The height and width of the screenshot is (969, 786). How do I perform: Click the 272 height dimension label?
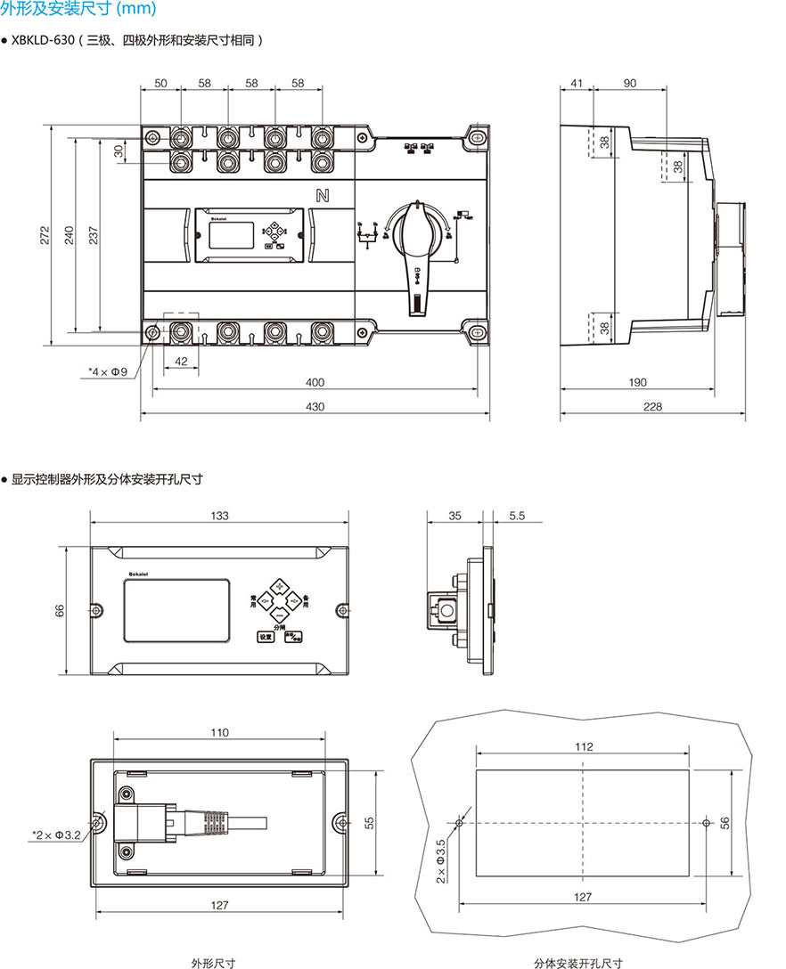click(x=45, y=234)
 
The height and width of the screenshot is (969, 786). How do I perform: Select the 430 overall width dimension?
click(x=315, y=406)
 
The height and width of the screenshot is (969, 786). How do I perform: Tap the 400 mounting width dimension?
click(x=315, y=382)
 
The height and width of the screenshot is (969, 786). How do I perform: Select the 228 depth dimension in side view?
click(x=652, y=406)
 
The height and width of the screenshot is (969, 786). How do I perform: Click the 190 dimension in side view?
click(x=637, y=382)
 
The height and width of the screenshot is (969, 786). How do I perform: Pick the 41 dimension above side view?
click(x=577, y=83)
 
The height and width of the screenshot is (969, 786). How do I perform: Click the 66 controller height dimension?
click(x=60, y=610)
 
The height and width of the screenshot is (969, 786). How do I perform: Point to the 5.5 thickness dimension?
click(x=518, y=516)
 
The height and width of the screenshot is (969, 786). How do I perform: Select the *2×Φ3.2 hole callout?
click(x=56, y=835)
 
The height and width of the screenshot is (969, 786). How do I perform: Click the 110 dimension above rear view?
click(x=219, y=733)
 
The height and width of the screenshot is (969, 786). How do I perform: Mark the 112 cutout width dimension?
click(x=583, y=747)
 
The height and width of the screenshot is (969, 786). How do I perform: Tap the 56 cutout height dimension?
click(x=724, y=824)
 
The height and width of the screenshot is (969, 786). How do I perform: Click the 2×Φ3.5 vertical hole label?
click(x=440, y=859)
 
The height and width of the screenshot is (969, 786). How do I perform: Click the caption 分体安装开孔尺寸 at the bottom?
click(x=578, y=963)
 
